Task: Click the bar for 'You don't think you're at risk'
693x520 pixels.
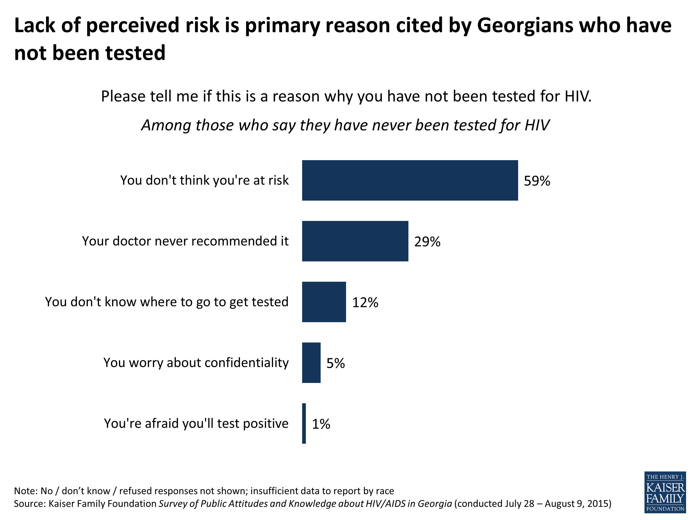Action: coord(410,180)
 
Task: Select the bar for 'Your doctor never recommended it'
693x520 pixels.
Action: coord(355,241)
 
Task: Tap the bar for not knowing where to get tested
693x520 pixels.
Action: coord(324,302)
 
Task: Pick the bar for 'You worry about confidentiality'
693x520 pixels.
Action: coord(311,363)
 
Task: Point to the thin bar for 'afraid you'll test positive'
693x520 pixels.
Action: coord(304,423)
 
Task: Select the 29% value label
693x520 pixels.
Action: coord(427,242)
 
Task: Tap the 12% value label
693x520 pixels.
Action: coord(365,303)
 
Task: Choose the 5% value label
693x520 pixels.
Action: coord(336,363)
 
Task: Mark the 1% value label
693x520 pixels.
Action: coord(321,424)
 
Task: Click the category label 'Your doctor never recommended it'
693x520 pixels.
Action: coord(185,241)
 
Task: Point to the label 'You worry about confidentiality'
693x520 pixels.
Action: coord(196,363)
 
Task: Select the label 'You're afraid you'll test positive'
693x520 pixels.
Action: coord(196,423)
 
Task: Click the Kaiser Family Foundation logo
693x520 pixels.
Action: coord(665,492)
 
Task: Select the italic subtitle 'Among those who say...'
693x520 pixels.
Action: coord(345,125)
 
